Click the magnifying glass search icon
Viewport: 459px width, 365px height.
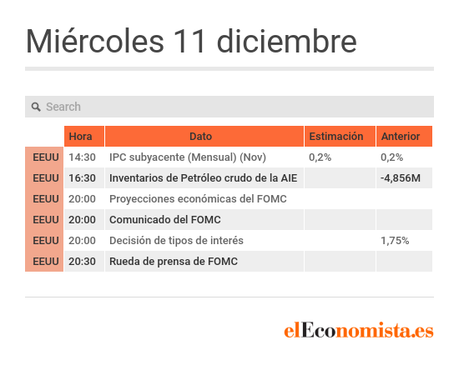coord(36,107)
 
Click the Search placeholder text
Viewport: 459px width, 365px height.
coord(63,107)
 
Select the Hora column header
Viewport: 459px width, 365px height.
coord(80,136)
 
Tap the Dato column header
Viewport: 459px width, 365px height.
coord(200,136)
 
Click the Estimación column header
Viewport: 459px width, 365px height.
coord(336,136)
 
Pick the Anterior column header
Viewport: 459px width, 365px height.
coord(401,136)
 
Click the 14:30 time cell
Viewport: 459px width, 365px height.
coord(82,157)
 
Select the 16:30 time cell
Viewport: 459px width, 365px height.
coord(82,178)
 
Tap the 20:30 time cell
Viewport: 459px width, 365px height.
coord(82,262)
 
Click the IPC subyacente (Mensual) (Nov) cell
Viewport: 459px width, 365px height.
coord(188,157)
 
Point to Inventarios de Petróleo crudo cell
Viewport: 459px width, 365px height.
coord(203,178)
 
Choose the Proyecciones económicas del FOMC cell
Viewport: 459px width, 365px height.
coord(198,198)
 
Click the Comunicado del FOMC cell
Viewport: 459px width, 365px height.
coord(164,220)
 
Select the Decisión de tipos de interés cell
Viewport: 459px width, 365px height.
coord(176,241)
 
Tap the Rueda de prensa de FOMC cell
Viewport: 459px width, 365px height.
coord(174,262)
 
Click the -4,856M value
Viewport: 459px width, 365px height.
coord(400,178)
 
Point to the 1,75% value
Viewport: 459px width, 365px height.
coord(395,241)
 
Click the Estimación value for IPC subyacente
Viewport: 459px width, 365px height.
coord(320,157)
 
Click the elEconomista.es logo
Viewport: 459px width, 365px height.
coord(359,330)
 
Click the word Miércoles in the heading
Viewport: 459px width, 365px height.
coord(95,41)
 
